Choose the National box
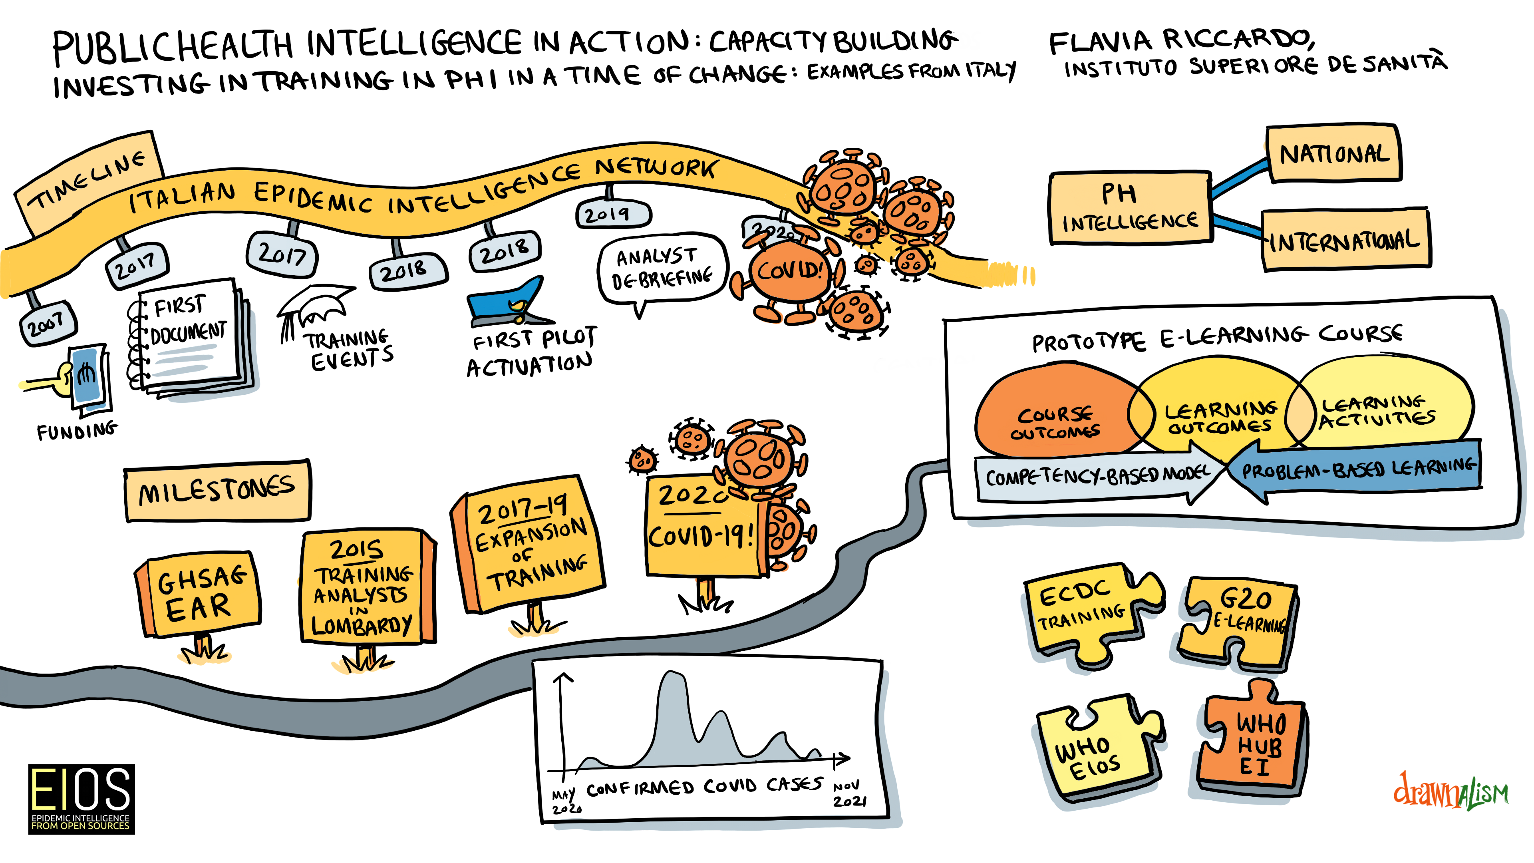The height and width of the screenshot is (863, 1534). (1334, 154)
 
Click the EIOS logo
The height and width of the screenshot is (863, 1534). (81, 799)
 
